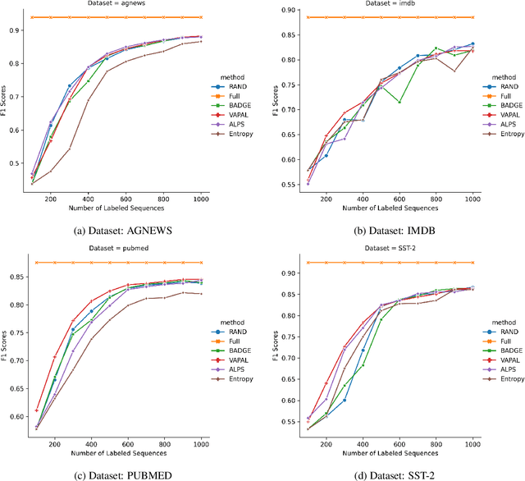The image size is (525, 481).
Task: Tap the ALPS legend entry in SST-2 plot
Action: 507,369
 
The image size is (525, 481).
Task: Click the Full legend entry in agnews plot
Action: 234,94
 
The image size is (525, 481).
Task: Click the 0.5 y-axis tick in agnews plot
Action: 21,163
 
